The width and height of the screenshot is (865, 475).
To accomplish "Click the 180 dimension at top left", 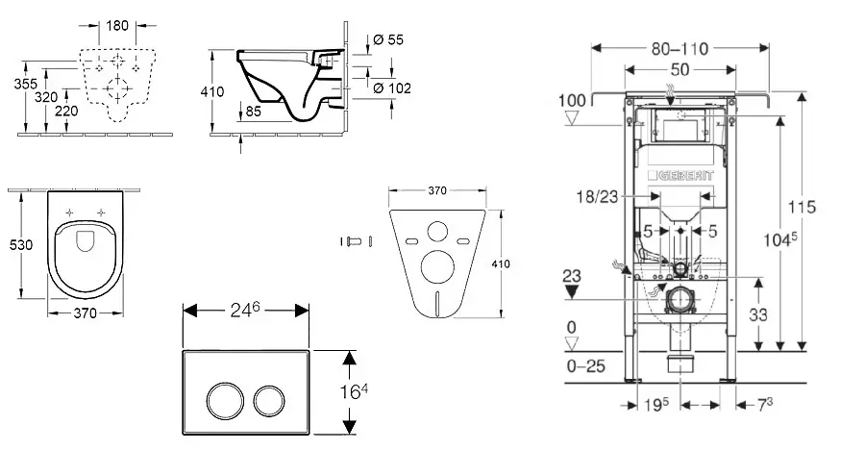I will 118,24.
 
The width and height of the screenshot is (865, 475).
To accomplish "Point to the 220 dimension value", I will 66,111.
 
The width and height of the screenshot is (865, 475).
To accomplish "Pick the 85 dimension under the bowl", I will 254,111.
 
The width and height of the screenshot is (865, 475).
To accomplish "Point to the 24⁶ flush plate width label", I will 245,310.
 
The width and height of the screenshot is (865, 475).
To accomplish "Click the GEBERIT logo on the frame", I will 681,177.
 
